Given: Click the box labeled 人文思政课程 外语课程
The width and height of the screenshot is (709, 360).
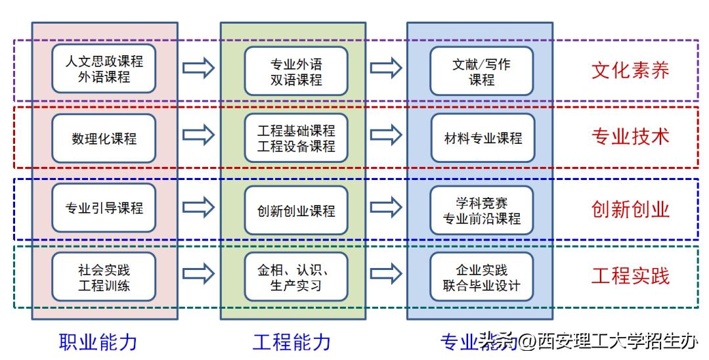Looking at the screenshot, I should (104, 69).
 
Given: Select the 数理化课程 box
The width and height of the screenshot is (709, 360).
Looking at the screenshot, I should (104, 138).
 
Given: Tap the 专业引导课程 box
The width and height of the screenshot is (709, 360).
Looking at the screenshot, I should (104, 208).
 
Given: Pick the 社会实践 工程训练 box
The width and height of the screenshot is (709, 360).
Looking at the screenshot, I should (104, 277).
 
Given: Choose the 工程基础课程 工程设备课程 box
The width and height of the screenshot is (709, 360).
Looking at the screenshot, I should (296, 138).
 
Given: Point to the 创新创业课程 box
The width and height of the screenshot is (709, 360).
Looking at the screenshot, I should (296, 210).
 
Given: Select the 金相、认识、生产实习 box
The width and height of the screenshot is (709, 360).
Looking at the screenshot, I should (296, 277).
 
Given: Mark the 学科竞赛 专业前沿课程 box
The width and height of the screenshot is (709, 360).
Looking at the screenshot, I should (482, 210).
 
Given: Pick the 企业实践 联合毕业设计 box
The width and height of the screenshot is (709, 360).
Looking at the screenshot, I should (482, 277).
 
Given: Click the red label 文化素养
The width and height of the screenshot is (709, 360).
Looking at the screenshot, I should (630, 70).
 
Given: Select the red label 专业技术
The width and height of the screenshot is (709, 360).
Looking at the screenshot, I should (630, 136).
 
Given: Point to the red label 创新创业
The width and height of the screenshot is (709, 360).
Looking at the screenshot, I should (630, 209).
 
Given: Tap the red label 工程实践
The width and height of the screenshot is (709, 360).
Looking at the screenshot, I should (630, 276).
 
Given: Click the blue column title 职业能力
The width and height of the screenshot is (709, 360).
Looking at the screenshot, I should (98, 342).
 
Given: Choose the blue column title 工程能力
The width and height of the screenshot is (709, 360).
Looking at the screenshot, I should (291, 342).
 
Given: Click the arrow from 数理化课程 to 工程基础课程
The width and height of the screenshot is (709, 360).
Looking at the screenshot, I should (198, 135).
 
